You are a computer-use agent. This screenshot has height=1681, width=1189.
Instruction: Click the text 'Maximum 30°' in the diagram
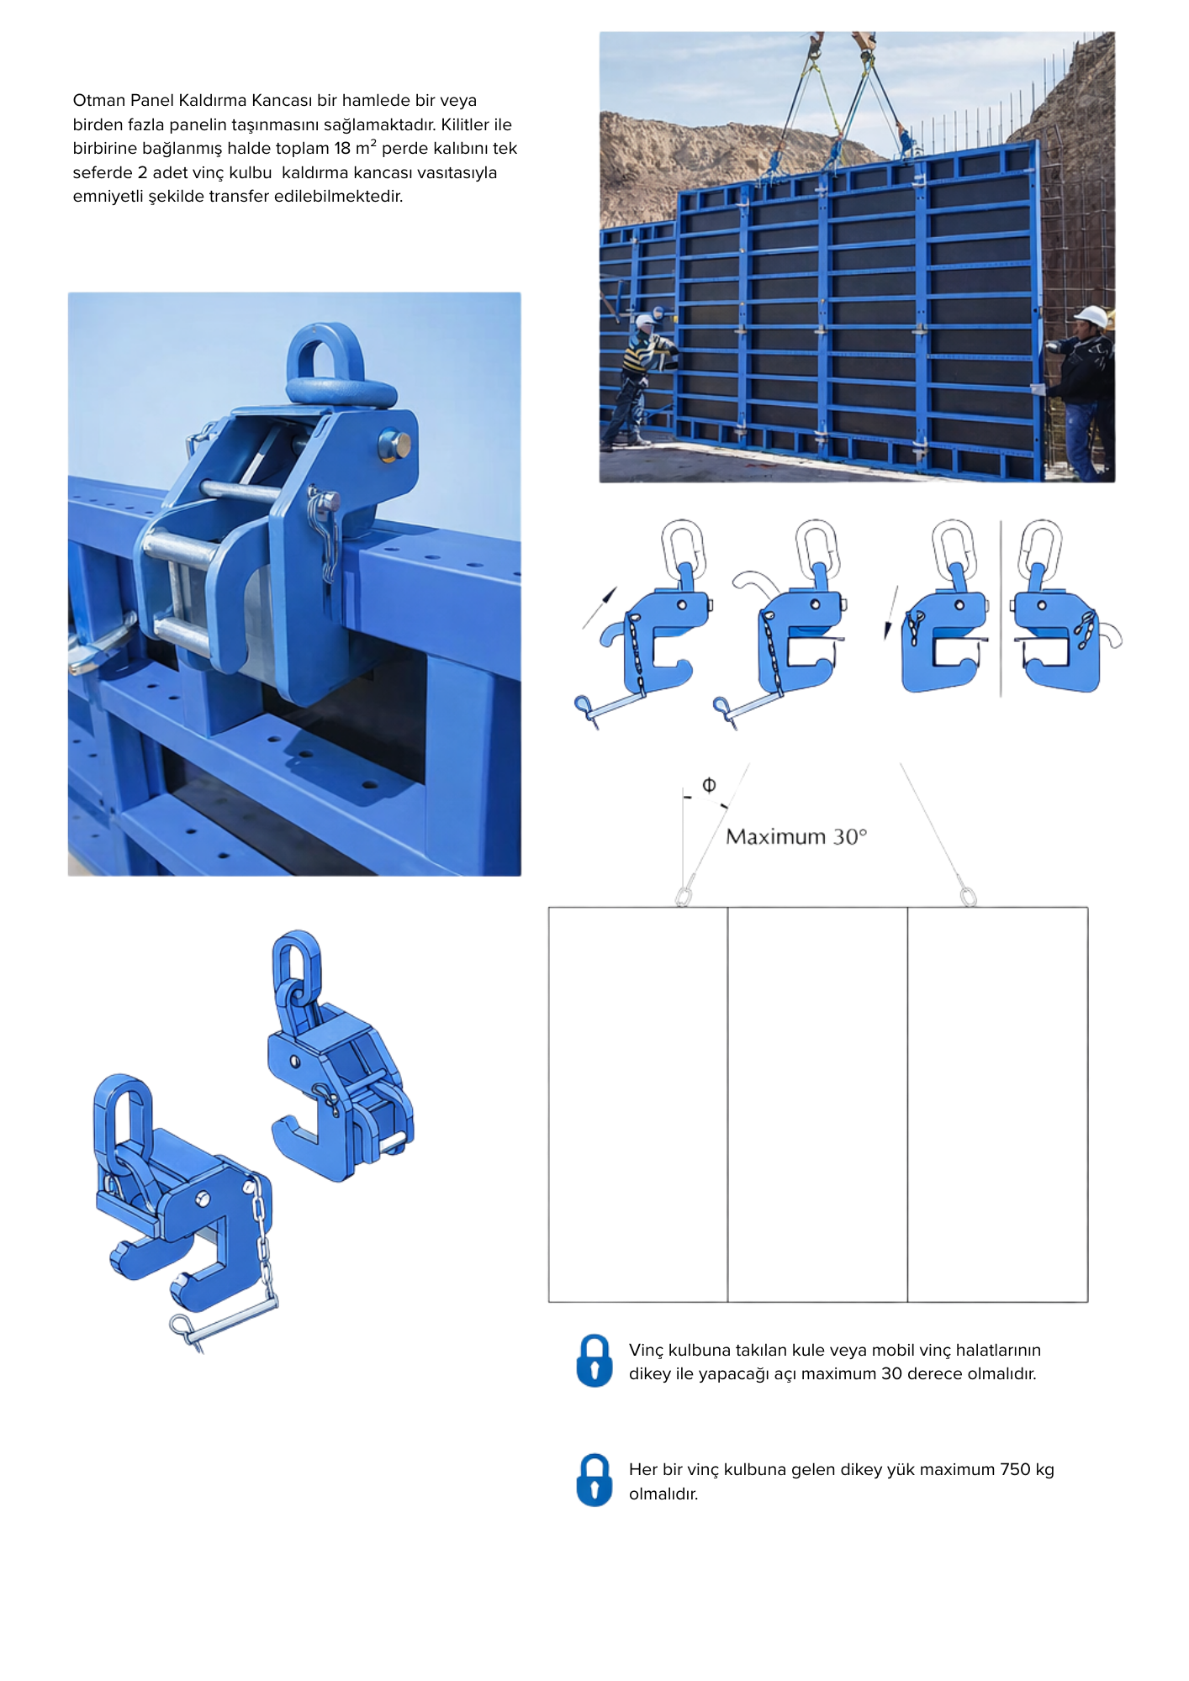point(796,836)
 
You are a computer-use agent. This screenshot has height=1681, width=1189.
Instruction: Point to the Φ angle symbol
point(709,784)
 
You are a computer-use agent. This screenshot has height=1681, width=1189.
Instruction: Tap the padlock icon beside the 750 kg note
point(594,1480)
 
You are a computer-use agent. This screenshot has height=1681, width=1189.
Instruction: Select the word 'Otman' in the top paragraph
point(99,100)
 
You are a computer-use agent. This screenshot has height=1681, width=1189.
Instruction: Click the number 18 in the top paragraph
point(342,148)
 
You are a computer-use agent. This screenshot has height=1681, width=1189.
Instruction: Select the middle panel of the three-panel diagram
point(817,1104)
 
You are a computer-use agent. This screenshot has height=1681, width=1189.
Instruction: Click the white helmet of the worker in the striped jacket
point(646,321)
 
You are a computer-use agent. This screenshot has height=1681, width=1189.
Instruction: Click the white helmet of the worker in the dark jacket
point(1091,316)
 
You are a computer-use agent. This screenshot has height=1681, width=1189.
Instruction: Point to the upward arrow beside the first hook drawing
point(600,608)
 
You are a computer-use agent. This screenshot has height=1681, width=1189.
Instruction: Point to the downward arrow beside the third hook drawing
point(890,613)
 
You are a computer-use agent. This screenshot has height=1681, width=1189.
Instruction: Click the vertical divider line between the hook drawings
point(1001,609)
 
